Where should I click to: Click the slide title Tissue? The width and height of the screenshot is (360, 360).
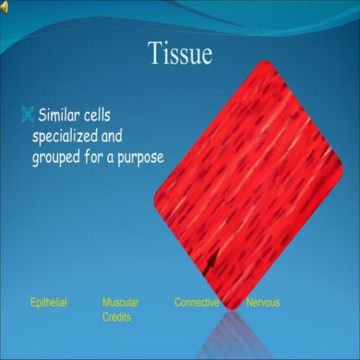click(x=180, y=53)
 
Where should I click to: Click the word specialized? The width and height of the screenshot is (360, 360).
click(x=68, y=138)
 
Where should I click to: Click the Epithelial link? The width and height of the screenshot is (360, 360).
click(x=49, y=303)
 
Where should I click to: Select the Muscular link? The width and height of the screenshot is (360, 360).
click(x=121, y=303)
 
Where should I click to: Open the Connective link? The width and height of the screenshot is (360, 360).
click(x=196, y=303)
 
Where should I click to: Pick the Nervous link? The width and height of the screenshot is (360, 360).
click(x=263, y=303)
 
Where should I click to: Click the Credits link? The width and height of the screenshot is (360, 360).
click(x=117, y=317)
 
